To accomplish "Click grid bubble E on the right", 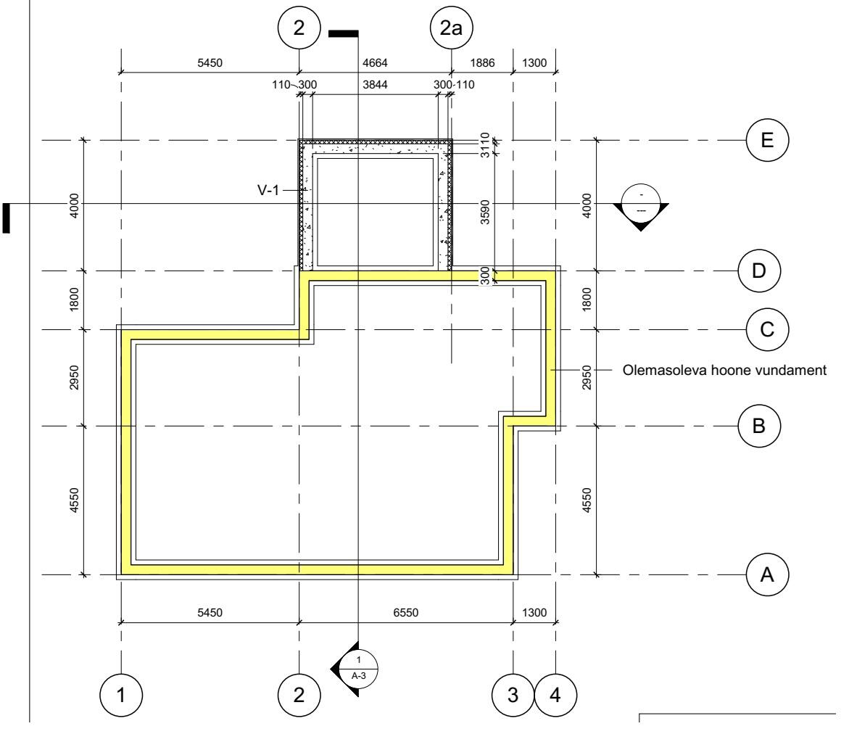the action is (767, 140).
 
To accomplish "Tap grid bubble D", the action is (759, 271).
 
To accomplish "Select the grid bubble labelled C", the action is (767, 329).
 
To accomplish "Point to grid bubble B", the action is (759, 426).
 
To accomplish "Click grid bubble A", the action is (767, 574).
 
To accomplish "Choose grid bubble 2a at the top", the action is (451, 28).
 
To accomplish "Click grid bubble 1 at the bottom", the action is (121, 695).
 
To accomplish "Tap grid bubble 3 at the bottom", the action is (513, 695).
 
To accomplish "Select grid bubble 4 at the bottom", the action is (555, 695).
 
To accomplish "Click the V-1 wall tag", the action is (268, 190).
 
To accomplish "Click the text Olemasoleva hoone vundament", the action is (724, 370).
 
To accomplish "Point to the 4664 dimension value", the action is (375, 63).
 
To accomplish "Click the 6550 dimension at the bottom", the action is (405, 613).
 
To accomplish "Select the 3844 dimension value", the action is (375, 85).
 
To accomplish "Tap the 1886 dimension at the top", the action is (482, 63).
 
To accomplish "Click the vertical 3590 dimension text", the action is (485, 212).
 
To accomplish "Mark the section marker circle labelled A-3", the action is (358, 669).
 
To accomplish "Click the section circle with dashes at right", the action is (641, 204).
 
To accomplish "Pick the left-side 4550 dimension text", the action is (74, 500).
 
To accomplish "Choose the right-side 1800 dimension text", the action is (587, 300).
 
